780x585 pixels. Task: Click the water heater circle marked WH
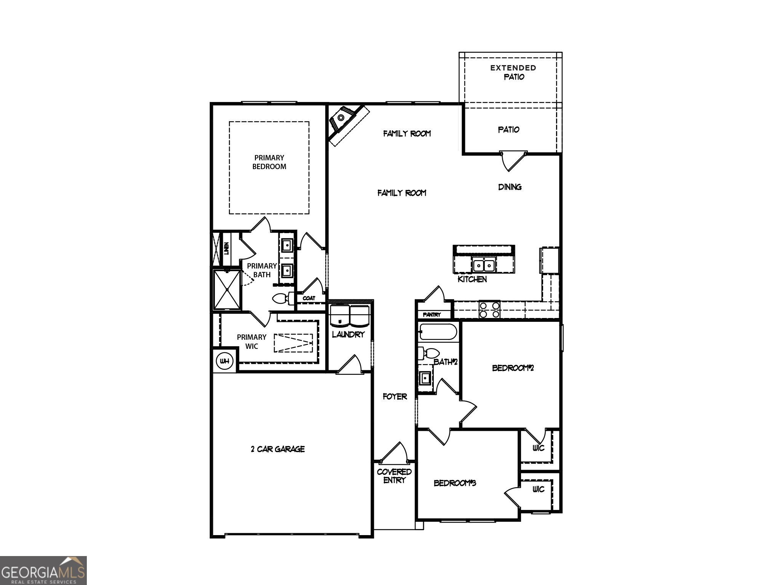(x=225, y=361)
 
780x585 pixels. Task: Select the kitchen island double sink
(x=483, y=265)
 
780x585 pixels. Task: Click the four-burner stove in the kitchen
(x=489, y=310)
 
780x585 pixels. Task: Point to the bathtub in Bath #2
(x=438, y=332)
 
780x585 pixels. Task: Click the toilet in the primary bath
(x=282, y=298)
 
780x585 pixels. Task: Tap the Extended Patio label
(x=513, y=72)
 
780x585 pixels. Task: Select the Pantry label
(x=432, y=315)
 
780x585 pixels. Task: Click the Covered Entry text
(x=394, y=476)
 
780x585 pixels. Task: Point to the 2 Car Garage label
(x=278, y=449)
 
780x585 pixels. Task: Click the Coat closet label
(x=309, y=298)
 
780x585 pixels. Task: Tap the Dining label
(x=510, y=187)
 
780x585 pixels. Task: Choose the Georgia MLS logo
(x=43, y=570)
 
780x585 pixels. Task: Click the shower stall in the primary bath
(x=227, y=290)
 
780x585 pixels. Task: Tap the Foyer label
(x=395, y=396)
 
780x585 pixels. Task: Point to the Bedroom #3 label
(x=455, y=483)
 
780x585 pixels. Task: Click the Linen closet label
(x=226, y=249)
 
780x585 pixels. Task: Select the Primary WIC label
(x=251, y=342)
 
